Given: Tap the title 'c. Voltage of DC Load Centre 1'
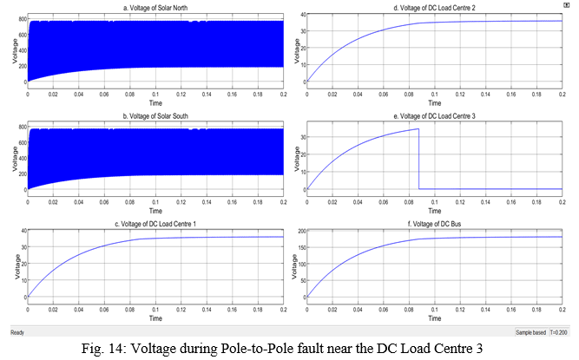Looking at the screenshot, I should click(x=155, y=225).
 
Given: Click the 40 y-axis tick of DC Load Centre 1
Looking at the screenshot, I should click(x=21, y=232).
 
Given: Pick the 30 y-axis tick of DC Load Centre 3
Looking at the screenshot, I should click(x=298, y=136).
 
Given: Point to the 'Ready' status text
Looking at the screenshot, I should click(x=17, y=332).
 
